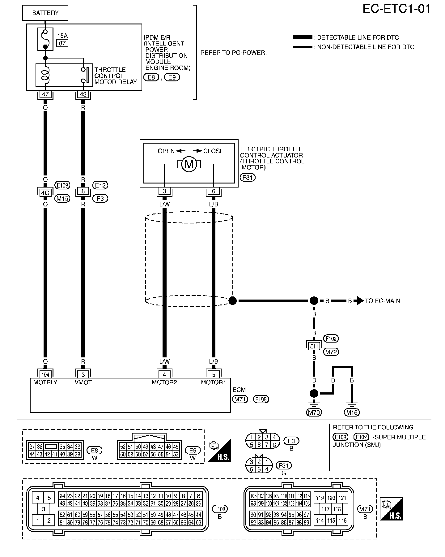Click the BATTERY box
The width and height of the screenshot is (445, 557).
coord(45,13)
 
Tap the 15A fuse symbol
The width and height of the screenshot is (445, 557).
coord(45,39)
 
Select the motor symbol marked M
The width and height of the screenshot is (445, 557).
coord(189,164)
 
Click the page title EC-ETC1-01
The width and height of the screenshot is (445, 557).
coord(396,9)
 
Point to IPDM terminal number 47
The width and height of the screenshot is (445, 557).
coord(45,94)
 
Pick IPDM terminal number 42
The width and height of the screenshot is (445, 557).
coord(83,94)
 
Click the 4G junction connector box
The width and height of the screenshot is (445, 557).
coord(45,193)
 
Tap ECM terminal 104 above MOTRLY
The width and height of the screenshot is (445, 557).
coord(45,375)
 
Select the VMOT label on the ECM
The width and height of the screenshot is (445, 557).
coord(83,382)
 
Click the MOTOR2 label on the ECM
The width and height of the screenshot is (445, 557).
coord(164,382)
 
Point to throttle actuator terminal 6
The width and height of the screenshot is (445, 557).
coord(214,191)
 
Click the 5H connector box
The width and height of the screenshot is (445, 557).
coord(314,346)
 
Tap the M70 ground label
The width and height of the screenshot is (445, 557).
coord(314,412)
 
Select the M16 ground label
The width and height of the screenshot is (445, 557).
coord(352,412)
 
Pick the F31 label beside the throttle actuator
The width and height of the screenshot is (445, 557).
coord(248,178)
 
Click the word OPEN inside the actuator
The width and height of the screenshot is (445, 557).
coord(166,151)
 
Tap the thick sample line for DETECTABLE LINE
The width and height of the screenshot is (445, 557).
coord(303,37)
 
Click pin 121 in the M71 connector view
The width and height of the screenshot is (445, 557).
coord(342,498)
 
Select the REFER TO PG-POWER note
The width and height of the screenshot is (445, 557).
coord(233,53)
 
